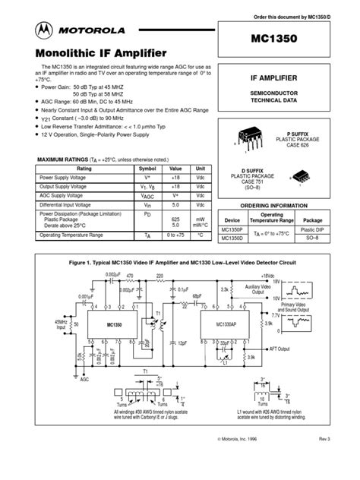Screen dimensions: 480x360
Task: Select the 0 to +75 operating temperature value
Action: click(x=175, y=235)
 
